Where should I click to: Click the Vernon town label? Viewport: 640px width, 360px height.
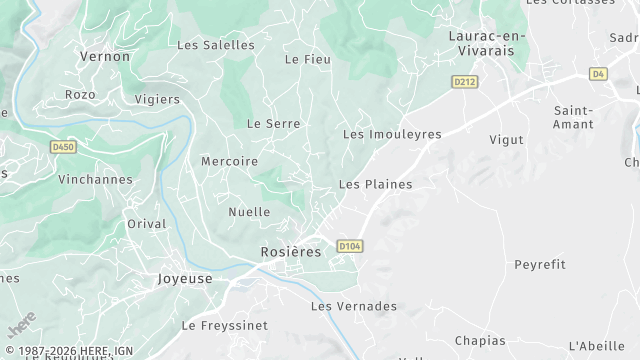pyautogui.click(x=105, y=56)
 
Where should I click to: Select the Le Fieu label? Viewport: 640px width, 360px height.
pyautogui.click(x=307, y=60)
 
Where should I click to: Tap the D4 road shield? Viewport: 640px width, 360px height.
pyautogui.click(x=598, y=73)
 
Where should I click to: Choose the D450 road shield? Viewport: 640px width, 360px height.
pyautogui.click(x=63, y=146)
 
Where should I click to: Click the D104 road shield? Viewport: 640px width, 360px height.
pyautogui.click(x=349, y=245)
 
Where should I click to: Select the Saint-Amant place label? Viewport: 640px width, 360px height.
pyautogui.click(x=573, y=117)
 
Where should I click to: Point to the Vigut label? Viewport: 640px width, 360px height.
pyautogui.click(x=506, y=140)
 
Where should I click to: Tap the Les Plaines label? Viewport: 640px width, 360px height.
pyautogui.click(x=375, y=184)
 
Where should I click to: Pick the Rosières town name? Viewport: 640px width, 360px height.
pyautogui.click(x=290, y=252)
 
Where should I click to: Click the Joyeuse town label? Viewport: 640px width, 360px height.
pyautogui.click(x=185, y=279)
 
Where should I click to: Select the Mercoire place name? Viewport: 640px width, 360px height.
pyautogui.click(x=229, y=161)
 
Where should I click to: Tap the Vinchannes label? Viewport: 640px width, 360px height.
pyautogui.click(x=95, y=180)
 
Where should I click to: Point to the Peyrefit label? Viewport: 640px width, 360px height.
pyautogui.click(x=539, y=264)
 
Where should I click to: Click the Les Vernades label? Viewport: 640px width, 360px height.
pyautogui.click(x=354, y=306)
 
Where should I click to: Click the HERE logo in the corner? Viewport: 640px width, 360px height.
pyautogui.click(x=21, y=325)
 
